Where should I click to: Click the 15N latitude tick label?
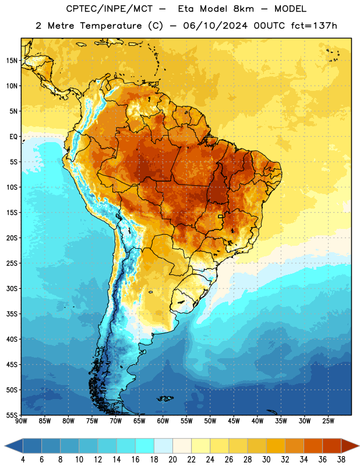coord(12,61)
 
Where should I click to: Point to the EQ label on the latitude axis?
coord(13,137)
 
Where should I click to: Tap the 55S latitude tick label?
coord(12,415)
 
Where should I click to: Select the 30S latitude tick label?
coord(12,288)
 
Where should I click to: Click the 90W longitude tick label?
coord(21,421)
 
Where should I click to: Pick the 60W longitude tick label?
coord(163,421)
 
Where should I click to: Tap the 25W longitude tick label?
coord(328,421)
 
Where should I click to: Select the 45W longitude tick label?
coord(234,421)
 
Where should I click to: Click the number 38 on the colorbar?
coord(341,460)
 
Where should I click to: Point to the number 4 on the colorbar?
coord(23,460)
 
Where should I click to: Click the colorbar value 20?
coord(172,460)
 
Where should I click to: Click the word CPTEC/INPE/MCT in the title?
coord(110,9)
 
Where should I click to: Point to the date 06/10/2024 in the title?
coord(215,26)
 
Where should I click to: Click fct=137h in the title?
coord(314,26)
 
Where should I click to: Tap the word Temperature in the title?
coord(111,26)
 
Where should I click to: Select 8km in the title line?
coord(243,9)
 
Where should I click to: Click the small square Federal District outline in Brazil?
coord(220,216)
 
